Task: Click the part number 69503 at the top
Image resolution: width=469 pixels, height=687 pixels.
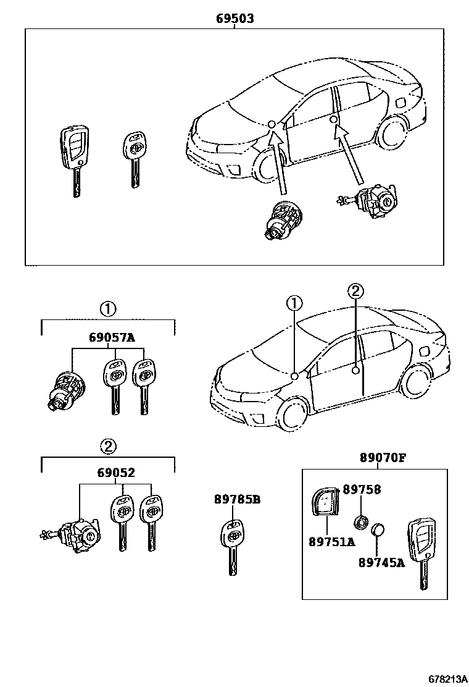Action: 234,19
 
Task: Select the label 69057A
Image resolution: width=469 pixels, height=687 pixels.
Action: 111,337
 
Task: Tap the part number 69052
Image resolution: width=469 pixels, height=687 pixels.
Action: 115,473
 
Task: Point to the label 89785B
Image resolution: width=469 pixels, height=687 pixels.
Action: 237,500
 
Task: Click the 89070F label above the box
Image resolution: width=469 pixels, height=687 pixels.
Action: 383,458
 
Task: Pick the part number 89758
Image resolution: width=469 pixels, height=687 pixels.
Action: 362,489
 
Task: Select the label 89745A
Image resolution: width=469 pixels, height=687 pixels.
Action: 381,562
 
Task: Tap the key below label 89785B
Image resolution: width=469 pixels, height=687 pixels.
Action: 232,544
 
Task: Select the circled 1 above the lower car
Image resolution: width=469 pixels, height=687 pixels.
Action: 295,303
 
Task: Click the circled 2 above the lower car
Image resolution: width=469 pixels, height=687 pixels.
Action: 355,291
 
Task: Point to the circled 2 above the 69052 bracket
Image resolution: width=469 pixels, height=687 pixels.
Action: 108,445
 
